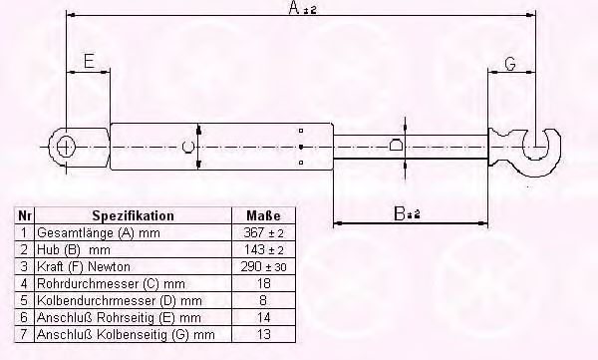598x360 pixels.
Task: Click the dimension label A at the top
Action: (x=295, y=9)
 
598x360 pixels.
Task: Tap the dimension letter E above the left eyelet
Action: (x=88, y=62)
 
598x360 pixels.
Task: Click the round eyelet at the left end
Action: (x=66, y=147)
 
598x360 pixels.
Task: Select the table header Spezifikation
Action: (x=133, y=215)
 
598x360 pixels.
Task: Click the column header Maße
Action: (x=263, y=215)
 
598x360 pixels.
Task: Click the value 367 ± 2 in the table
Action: (x=263, y=231)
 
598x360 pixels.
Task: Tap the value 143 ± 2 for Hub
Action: (x=263, y=247)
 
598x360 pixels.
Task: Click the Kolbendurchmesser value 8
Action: (x=263, y=298)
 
